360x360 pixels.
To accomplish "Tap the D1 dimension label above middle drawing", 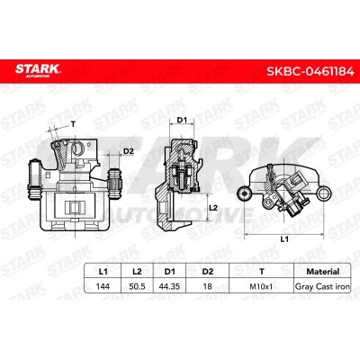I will (x=181, y=119).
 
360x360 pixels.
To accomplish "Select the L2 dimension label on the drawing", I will (x=212, y=207).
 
